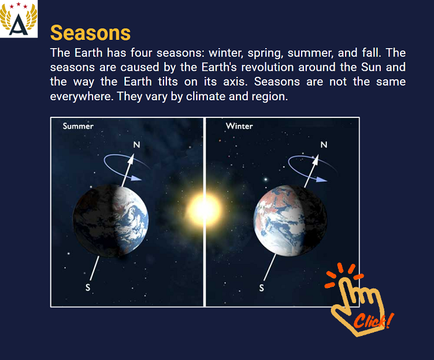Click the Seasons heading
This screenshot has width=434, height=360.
90,33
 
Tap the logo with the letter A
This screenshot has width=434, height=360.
19,19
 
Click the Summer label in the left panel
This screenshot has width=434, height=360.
78,126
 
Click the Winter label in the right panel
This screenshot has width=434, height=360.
240,126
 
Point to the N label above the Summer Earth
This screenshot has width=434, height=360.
136,145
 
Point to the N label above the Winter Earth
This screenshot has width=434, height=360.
324,145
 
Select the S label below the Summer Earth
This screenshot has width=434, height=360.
88,287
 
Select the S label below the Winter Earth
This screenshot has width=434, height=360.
262,288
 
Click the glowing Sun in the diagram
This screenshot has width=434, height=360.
204,210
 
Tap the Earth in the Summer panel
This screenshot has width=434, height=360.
111,220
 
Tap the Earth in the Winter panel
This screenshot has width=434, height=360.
291,220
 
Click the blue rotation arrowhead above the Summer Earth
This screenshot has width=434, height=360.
136,178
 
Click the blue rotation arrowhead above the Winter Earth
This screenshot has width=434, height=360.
322,179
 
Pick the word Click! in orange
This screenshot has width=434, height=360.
374,321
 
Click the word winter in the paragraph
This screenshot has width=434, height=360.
225,53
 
